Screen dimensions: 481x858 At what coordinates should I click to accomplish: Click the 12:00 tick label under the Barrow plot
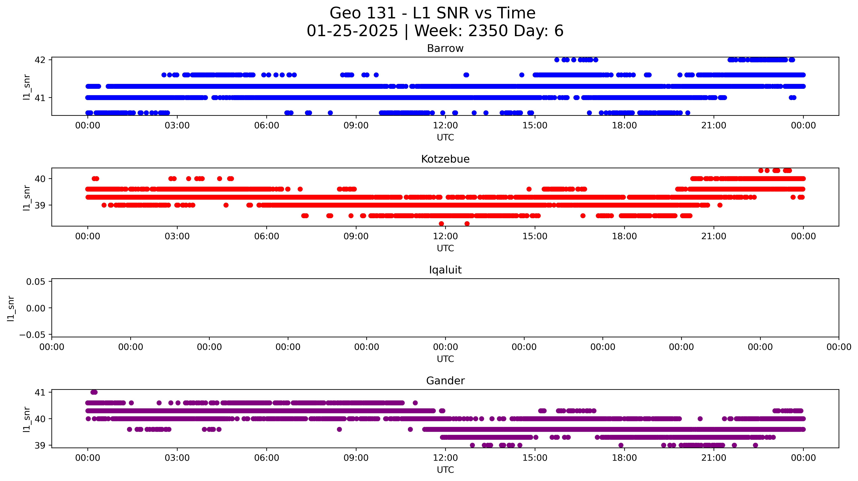[x=445, y=125]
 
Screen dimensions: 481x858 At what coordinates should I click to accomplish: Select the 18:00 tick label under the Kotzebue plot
[x=624, y=236]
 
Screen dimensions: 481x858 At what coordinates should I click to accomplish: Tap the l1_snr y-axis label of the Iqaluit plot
[x=11, y=308]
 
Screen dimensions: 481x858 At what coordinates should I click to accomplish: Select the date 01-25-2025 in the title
[x=352, y=31]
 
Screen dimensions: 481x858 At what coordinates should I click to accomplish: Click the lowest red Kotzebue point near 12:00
[x=441, y=224]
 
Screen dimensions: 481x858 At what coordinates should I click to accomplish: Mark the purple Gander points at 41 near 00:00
[x=94, y=392]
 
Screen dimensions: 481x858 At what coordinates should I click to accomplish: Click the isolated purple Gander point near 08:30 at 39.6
[x=339, y=429]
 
